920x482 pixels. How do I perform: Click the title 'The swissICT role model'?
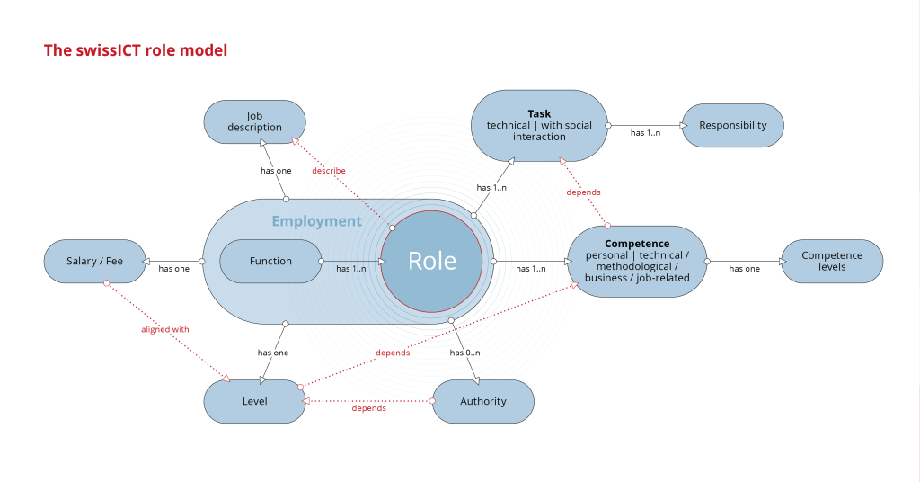tap(136, 50)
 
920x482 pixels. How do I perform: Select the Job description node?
tap(255, 121)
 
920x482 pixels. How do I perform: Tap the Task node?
tap(539, 125)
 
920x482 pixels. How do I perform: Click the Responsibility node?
tap(733, 126)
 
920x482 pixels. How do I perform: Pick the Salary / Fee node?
tap(94, 261)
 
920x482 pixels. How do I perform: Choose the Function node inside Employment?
tap(270, 261)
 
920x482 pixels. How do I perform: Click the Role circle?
tap(432, 261)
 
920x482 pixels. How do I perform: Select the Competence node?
tap(637, 261)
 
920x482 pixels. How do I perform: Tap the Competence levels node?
tap(832, 261)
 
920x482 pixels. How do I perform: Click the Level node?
tap(255, 401)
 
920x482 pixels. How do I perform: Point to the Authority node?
tap(483, 401)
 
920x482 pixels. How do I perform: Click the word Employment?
tap(316, 221)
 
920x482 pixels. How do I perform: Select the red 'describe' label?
tap(329, 171)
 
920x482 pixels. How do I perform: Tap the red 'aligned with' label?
tap(165, 329)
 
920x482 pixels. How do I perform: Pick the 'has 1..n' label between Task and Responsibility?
tap(645, 133)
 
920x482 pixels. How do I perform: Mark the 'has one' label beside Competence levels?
tap(744, 269)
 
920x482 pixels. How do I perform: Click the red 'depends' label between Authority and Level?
tap(369, 408)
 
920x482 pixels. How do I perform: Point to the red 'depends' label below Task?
tap(583, 192)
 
